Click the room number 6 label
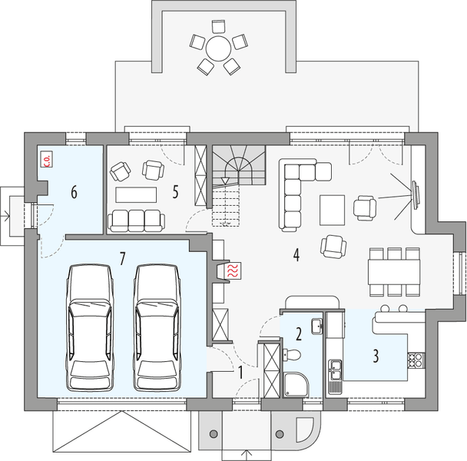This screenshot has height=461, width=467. coord(74,192)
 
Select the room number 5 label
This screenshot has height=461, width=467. coord(176,192)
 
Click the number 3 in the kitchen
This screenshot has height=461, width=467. coord(375,356)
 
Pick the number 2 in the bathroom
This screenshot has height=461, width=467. coord(298,333)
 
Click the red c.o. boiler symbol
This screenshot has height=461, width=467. coord(46,159)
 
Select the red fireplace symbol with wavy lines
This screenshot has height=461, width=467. coord(233,270)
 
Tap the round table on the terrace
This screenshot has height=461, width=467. coord(217,50)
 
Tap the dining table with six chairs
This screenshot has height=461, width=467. coord(394,270)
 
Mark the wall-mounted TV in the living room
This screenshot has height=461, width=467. coord(415,194)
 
